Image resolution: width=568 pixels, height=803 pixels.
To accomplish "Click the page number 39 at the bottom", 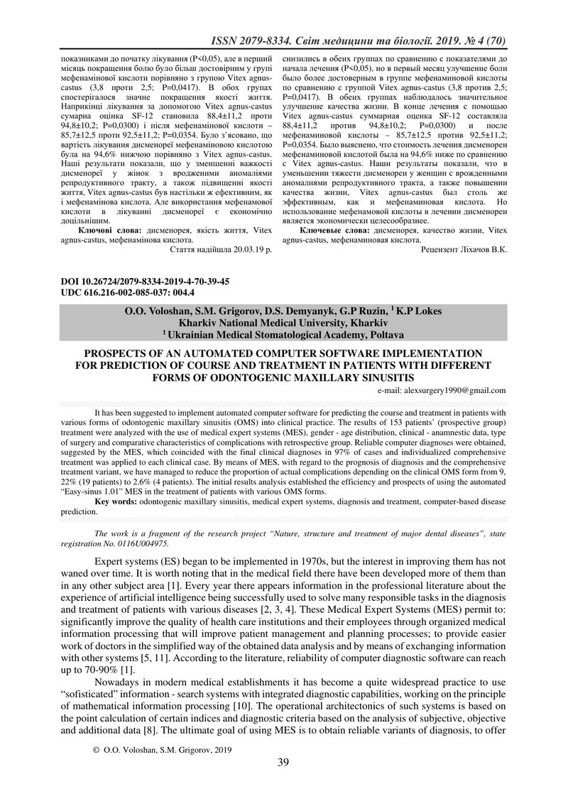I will [283, 762].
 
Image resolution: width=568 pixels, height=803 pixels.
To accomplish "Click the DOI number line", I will [146, 282].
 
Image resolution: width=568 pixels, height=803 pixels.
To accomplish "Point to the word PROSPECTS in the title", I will [120, 353].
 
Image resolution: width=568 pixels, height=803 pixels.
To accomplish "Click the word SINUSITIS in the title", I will [378, 375].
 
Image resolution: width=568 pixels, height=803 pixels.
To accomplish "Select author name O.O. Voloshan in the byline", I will [150, 310].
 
